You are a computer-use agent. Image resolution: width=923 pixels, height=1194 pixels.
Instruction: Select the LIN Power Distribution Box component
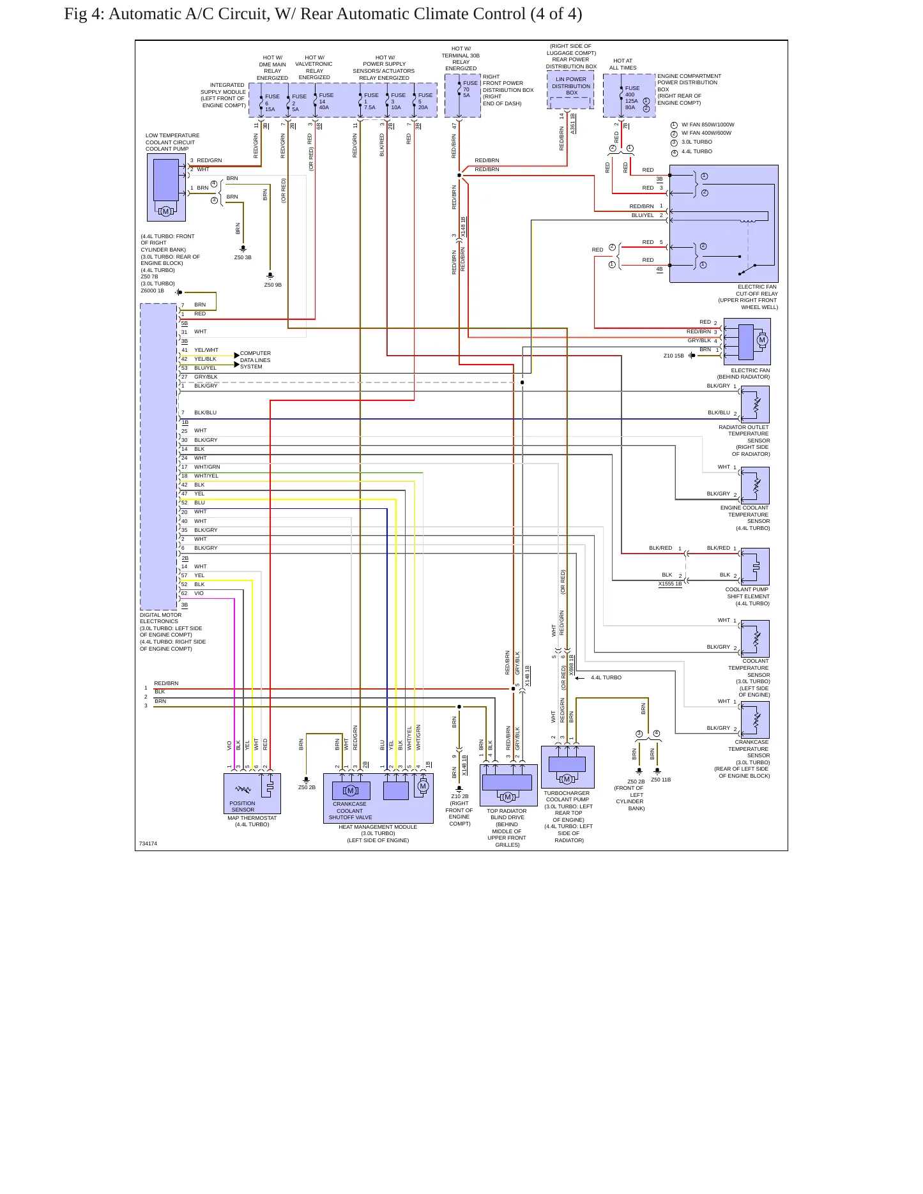pos(570,91)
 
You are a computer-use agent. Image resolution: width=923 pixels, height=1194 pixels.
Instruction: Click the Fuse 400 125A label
pos(631,98)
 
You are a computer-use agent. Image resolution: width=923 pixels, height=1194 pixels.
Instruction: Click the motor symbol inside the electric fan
pos(761,340)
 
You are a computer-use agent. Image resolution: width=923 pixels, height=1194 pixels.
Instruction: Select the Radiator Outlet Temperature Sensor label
pos(744,441)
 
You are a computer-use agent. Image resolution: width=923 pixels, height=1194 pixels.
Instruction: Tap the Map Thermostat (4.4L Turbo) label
pos(252,821)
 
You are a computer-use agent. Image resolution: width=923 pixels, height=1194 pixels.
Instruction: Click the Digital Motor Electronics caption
pos(172,632)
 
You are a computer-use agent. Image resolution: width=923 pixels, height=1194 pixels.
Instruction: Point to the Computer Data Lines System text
pos(255,360)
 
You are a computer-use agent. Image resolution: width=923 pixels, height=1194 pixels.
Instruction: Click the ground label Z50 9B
pos(273,285)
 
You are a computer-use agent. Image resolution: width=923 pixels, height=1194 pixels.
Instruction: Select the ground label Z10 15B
pos(673,356)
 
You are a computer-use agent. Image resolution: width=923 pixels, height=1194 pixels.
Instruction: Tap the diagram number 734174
pos(148,843)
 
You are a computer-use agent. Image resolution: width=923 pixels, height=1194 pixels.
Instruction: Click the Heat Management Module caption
pos(378,833)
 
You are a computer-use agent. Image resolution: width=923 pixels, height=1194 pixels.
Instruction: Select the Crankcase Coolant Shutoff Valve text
pos(350,811)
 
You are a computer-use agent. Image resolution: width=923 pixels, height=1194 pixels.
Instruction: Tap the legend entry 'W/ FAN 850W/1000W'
pos(708,125)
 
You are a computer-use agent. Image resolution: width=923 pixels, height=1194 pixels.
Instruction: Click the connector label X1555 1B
pos(670,584)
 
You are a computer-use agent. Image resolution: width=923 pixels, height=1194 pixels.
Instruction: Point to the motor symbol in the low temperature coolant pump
pos(165,211)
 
